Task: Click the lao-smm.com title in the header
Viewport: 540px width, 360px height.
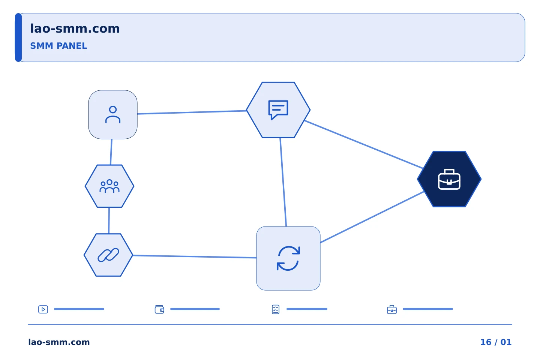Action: coord(75,29)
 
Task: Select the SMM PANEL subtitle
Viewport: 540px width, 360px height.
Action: coord(58,46)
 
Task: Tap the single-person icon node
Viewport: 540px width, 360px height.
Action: coord(113,114)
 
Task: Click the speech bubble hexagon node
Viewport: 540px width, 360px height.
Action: coord(278,110)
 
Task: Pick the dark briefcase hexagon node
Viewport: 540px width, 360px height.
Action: coord(449,179)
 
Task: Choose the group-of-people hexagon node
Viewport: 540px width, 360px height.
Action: coord(109,186)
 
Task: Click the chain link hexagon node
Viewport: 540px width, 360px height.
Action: coord(108,255)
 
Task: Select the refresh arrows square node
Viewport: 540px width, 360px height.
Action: coord(288,258)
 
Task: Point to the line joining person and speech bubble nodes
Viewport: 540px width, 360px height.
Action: coord(192,112)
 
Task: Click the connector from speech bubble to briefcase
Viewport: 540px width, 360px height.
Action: coord(364,144)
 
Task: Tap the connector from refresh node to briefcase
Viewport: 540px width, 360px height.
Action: coord(372,217)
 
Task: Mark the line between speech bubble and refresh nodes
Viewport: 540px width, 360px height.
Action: coord(283,182)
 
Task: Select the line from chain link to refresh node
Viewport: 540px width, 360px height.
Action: coord(195,256)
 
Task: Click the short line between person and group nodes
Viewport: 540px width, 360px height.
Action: coord(111,152)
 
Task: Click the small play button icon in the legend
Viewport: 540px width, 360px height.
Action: coord(43,309)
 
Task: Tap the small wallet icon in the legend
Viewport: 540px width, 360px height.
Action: coord(159,309)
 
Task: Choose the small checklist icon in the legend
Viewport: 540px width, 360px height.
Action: coord(276,309)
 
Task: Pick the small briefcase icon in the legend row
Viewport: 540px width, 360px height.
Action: coord(392,310)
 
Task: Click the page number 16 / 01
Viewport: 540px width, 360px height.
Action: coord(496,342)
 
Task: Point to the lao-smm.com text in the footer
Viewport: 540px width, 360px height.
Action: coord(59,342)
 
